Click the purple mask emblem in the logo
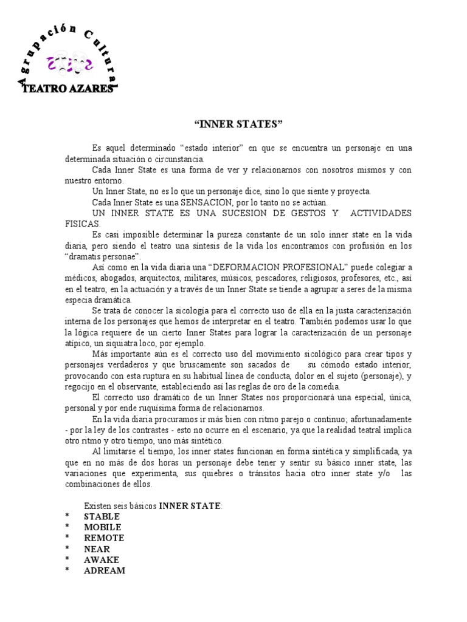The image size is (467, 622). pyautogui.click(x=69, y=62)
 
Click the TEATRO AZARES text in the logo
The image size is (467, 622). pyautogui.click(x=67, y=89)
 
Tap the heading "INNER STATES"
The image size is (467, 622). pyautogui.click(x=238, y=125)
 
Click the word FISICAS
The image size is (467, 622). pyautogui.click(x=82, y=224)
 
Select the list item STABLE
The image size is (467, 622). pyautogui.click(x=102, y=516)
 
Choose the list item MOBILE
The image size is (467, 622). pyautogui.click(x=102, y=527)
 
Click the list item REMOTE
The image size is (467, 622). pyautogui.click(x=103, y=538)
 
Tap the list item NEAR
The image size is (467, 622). pyautogui.click(x=97, y=549)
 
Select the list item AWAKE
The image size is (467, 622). pyautogui.click(x=101, y=560)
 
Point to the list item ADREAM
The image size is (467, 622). pyautogui.click(x=104, y=571)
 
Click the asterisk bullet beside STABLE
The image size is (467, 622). pyautogui.click(x=68, y=517)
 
